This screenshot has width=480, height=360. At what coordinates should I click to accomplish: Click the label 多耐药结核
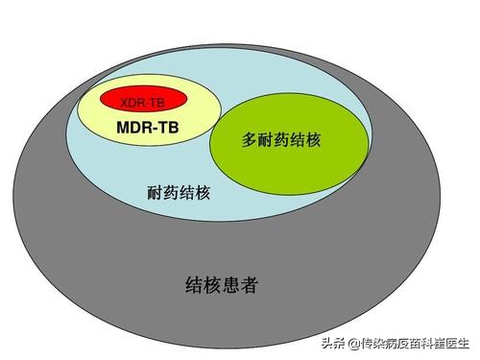[x=281, y=140]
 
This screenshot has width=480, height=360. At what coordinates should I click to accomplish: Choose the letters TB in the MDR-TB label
[x=171, y=127]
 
